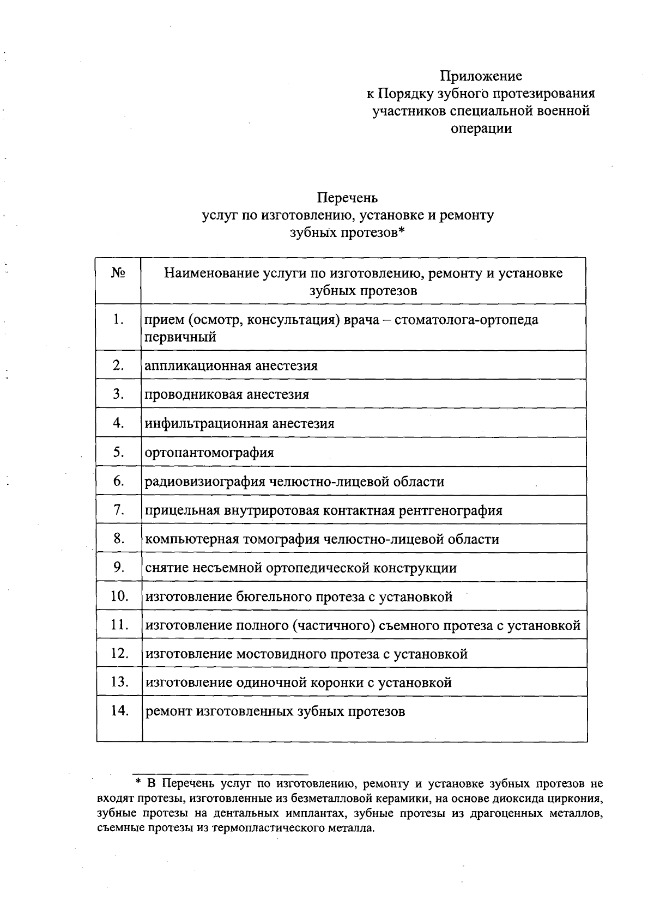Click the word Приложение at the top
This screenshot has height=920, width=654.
[481, 76]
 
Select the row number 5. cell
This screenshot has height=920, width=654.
[119, 452]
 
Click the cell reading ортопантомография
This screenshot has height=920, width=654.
[209, 453]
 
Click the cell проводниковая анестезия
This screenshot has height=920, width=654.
[227, 394]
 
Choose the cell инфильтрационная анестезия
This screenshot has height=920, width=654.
[239, 423]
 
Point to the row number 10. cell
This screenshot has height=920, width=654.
[119, 596]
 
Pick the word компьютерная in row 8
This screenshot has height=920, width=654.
[192, 540]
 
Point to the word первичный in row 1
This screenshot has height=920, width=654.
[180, 337]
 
